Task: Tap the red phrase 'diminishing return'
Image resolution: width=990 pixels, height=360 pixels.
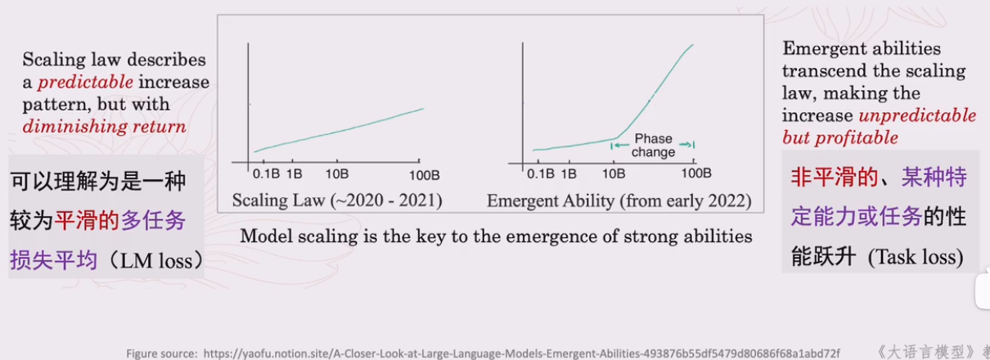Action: [104, 126]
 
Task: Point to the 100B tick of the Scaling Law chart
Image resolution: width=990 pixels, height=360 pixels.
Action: [425, 173]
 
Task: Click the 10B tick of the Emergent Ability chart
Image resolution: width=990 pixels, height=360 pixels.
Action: [614, 173]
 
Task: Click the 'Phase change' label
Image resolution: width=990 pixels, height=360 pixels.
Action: [653, 146]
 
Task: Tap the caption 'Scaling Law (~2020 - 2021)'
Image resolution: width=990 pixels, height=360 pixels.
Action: [337, 200]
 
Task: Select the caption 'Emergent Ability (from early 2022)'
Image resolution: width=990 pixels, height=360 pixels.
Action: [619, 200]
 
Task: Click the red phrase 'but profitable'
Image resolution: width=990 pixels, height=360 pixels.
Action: [839, 137]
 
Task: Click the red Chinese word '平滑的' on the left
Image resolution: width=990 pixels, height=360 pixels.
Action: [80, 220]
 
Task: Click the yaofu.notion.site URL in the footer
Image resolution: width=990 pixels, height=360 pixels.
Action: [522, 353]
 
